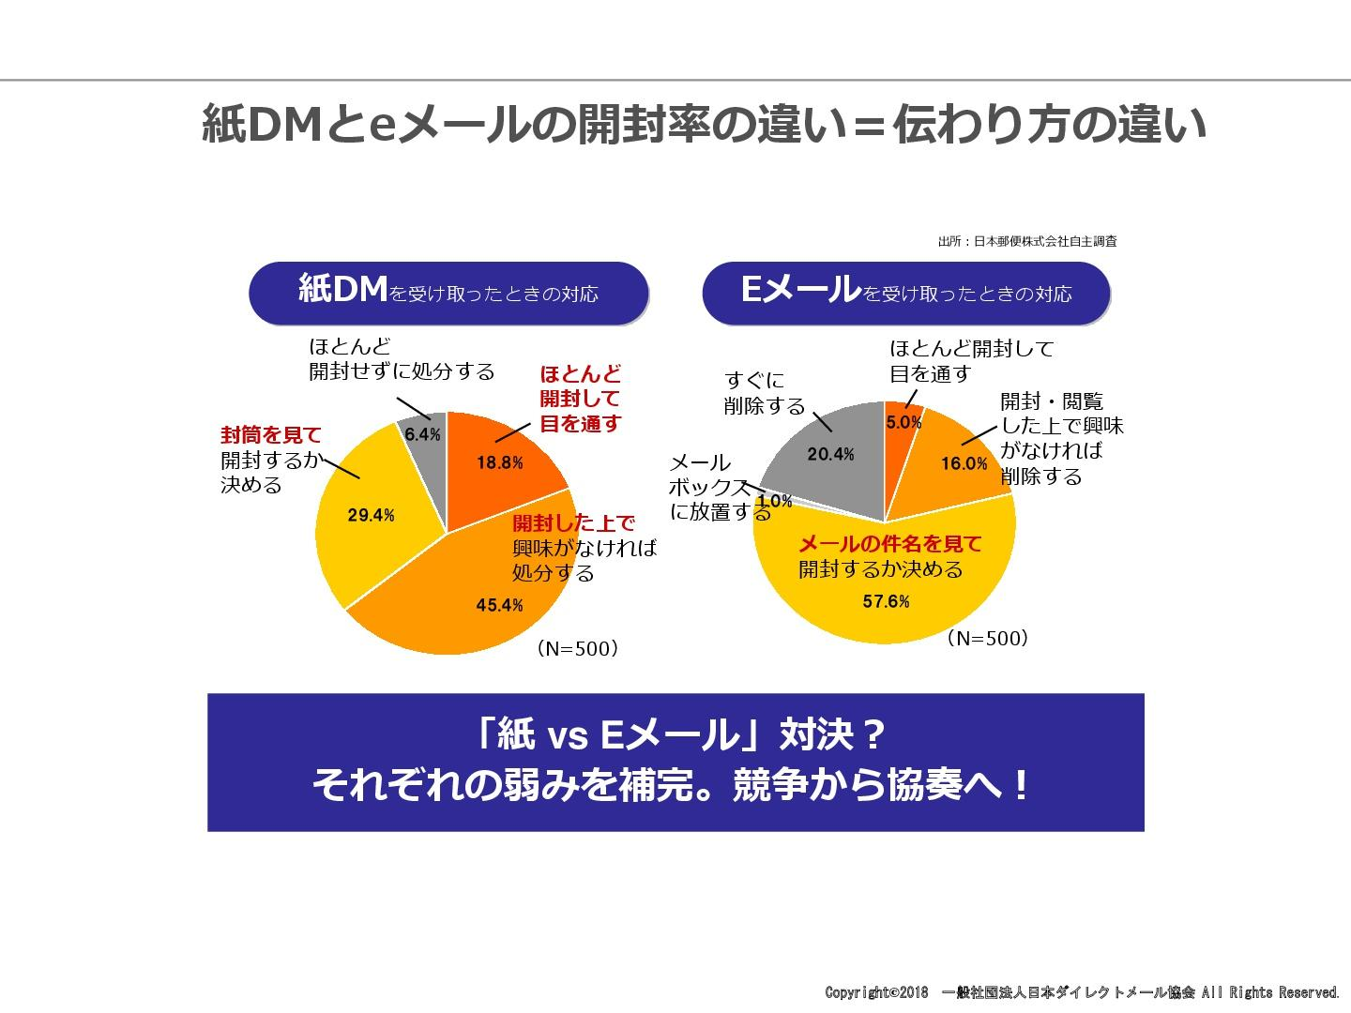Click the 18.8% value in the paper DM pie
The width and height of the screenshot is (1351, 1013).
point(499,462)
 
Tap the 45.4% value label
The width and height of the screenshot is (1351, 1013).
point(499,605)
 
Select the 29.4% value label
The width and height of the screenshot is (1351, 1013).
point(372,515)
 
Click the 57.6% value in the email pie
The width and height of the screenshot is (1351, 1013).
point(886,601)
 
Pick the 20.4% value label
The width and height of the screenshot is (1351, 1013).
point(830,454)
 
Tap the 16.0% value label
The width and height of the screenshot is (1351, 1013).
point(964,463)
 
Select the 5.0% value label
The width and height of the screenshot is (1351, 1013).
point(903,422)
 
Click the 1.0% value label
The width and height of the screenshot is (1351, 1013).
point(775,501)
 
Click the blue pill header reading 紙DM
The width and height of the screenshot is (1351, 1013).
point(448,293)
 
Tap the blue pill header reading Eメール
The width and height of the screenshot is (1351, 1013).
point(905,293)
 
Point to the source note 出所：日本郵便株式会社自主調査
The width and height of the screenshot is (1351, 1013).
point(1026,241)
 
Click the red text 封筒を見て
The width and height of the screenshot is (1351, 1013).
point(271,435)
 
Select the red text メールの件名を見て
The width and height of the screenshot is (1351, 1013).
point(889,544)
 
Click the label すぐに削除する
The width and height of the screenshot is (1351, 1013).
point(765,393)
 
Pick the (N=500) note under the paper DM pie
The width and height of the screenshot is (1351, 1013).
point(577,648)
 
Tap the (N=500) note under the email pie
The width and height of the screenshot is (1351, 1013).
point(987,639)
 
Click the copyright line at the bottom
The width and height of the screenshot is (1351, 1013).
point(1082,992)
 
